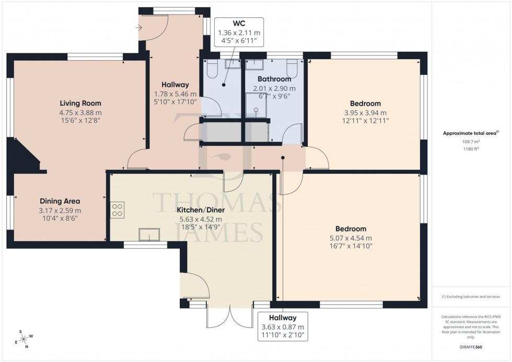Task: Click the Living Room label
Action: (80, 103)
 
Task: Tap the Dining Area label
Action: (60, 201)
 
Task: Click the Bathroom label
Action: (274, 79)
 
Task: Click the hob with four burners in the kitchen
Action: (118, 209)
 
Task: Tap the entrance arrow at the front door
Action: (138, 28)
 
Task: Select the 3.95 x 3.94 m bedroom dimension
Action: (365, 112)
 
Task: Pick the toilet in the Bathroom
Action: (293, 68)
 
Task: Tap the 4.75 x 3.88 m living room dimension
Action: (80, 112)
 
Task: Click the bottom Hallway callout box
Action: (283, 326)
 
